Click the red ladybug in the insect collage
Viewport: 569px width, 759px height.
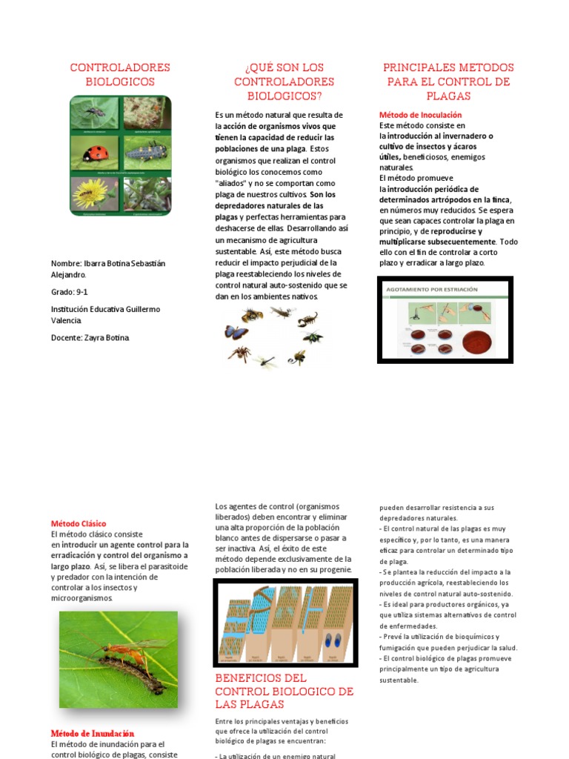pos(97,153)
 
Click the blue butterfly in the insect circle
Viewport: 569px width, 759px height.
pos(236,331)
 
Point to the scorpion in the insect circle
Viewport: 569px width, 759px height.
pos(307,319)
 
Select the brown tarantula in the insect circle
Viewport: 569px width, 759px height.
pos(239,354)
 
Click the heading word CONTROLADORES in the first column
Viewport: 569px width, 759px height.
pos(120,67)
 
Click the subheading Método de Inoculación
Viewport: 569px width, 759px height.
pos(420,115)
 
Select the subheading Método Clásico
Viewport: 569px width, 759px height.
pos(79,523)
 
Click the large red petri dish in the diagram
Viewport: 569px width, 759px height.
pos(481,341)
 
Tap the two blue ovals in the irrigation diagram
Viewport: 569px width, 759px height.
pos(331,640)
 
